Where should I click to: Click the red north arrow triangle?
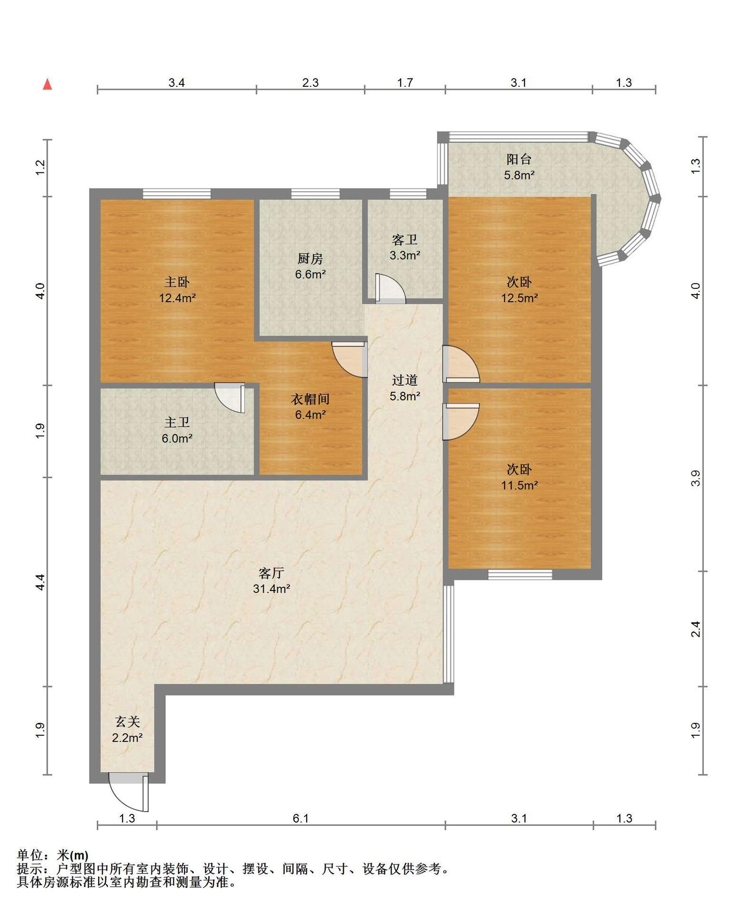[x=47, y=84]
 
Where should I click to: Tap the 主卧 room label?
[x=177, y=282]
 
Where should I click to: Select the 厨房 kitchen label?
[x=310, y=259]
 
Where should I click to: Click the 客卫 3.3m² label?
[x=405, y=247]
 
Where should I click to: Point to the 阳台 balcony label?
[x=519, y=159]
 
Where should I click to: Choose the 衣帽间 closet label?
[x=310, y=399]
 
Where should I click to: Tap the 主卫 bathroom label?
[x=177, y=423]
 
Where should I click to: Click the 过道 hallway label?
[x=405, y=380]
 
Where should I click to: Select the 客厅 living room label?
[x=271, y=573]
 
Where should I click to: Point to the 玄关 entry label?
[x=127, y=722]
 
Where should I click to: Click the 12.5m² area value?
[x=519, y=298]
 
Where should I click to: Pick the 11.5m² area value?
[x=519, y=486]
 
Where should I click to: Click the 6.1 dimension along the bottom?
[x=301, y=819]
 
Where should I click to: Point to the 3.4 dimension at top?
[x=176, y=83]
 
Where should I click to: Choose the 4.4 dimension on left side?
[x=40, y=582]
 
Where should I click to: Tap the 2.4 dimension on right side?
[x=696, y=629]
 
